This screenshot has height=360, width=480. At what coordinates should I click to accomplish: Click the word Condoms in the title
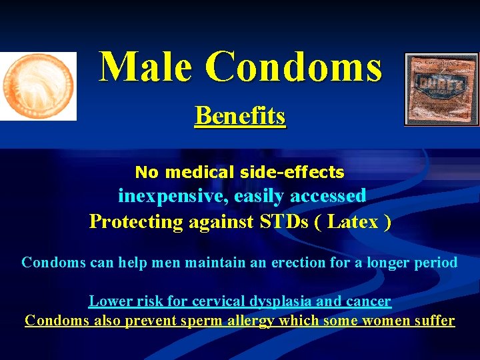tap(293, 67)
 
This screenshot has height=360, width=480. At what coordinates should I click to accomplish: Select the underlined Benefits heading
tap(240, 116)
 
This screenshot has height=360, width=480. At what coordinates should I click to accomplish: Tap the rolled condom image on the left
tap(37, 86)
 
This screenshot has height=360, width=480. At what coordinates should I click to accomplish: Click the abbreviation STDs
tap(283, 221)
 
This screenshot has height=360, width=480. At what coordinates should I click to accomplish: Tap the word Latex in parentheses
tap(350, 221)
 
